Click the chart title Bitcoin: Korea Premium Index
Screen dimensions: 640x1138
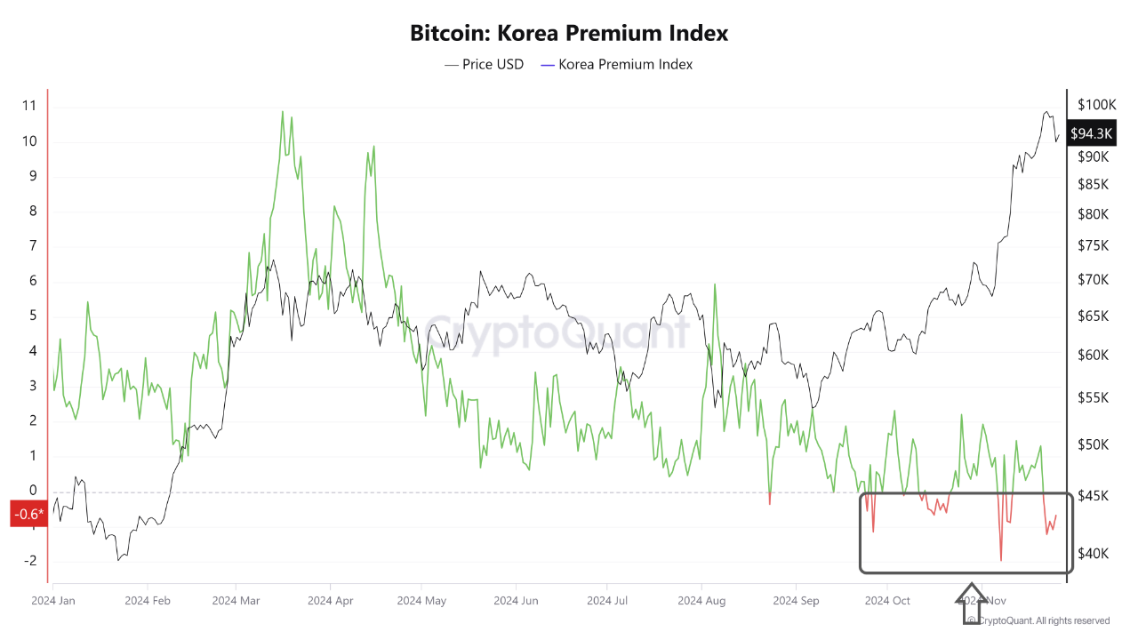(569, 33)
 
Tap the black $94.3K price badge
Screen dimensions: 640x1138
(1091, 133)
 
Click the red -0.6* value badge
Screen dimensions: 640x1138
(28, 514)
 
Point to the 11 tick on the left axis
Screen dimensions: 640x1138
(29, 106)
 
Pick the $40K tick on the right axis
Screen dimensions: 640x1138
(1093, 553)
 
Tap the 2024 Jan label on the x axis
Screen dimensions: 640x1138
(52, 601)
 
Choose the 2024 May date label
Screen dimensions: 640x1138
(422, 601)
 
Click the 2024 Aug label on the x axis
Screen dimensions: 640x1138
(701, 601)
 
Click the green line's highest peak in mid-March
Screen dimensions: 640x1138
(283, 112)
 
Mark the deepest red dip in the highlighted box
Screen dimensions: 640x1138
(1001, 560)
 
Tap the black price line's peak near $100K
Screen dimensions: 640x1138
(1046, 112)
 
